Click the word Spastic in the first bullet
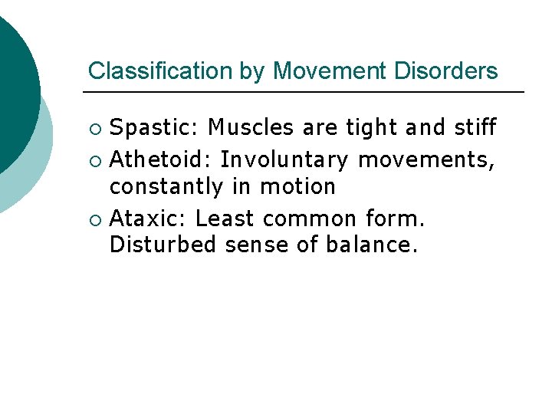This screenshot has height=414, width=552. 156,127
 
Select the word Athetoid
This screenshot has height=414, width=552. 161,160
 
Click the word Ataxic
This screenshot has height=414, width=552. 149,219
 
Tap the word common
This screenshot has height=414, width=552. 310,219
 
